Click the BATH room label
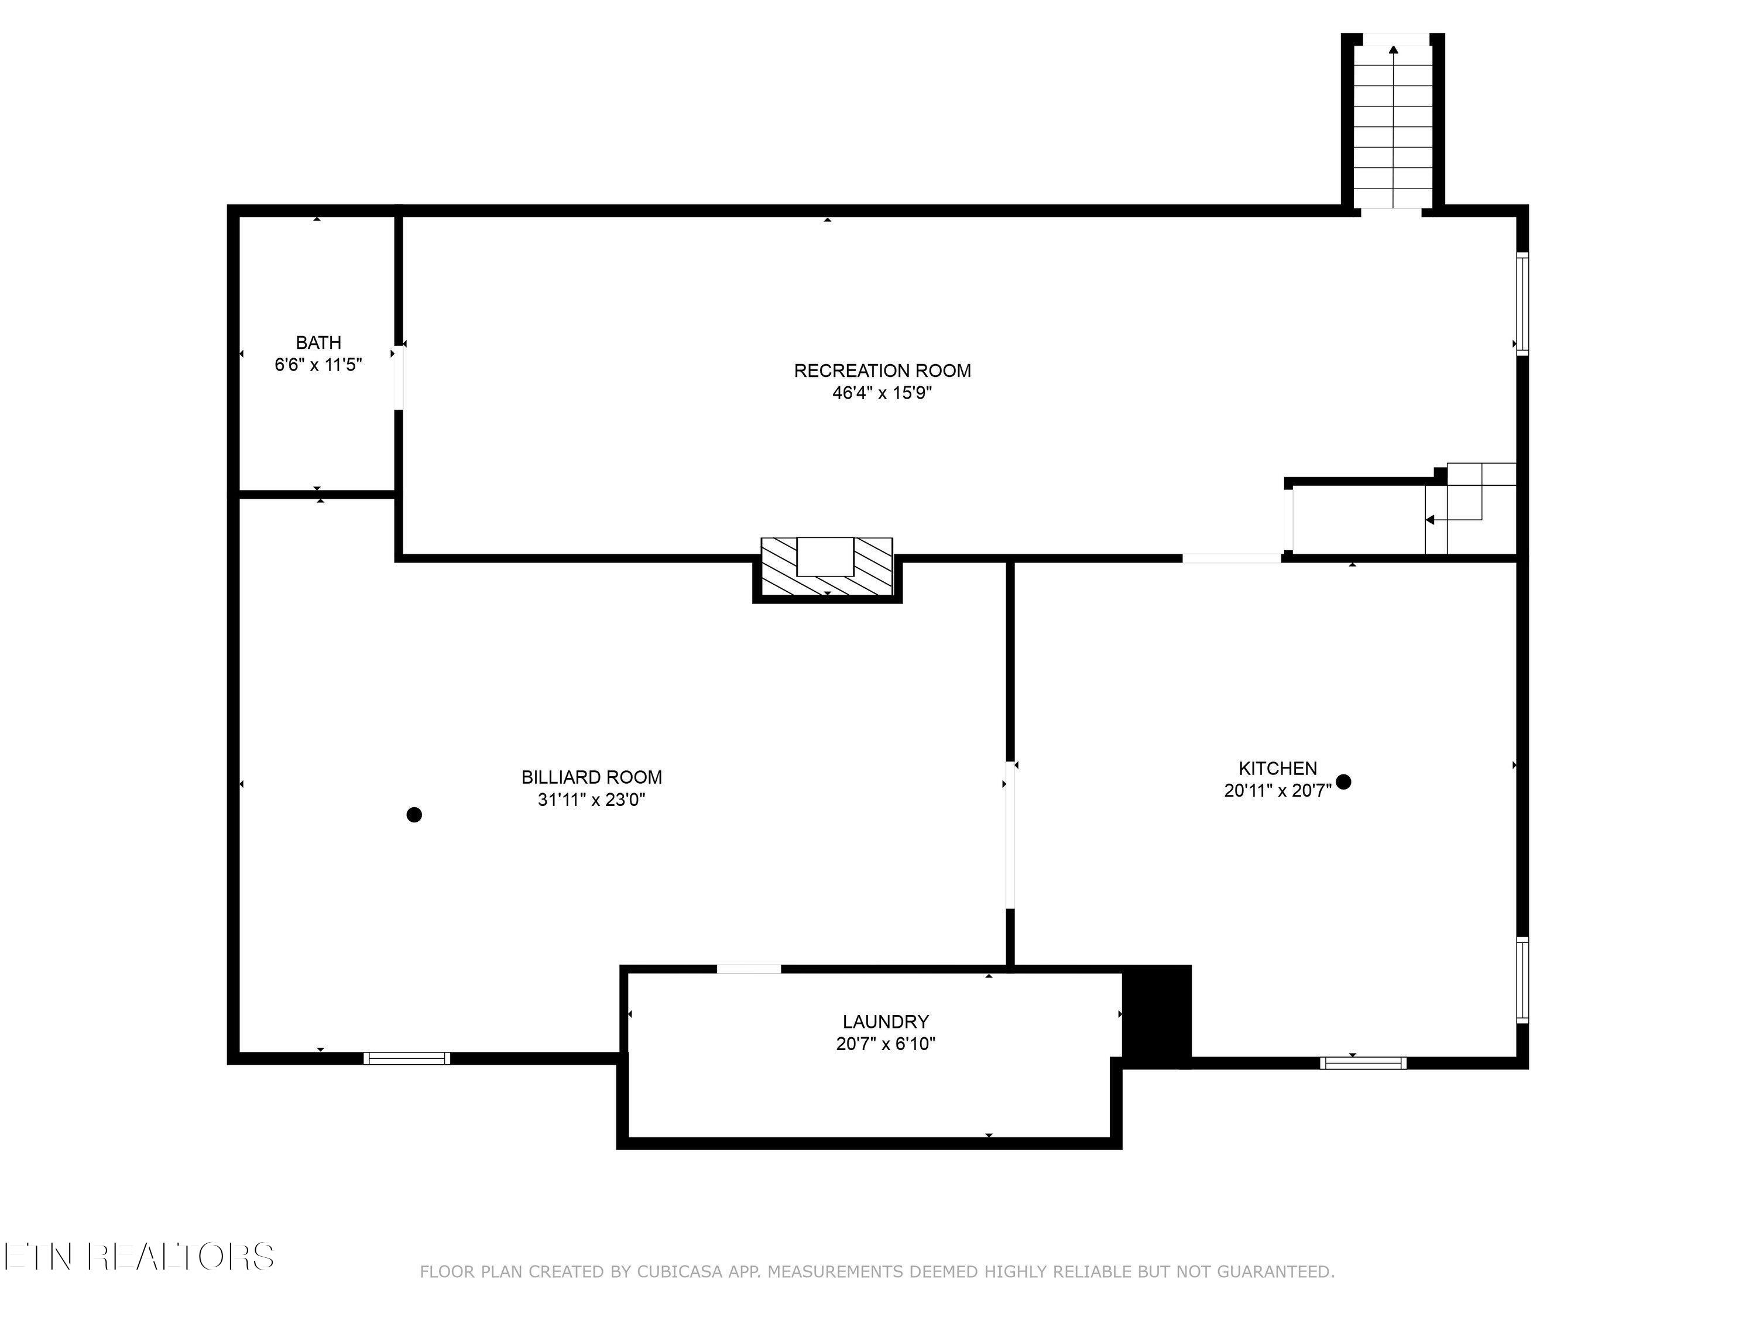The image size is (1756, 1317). tap(318, 343)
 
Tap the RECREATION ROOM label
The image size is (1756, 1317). tap(882, 371)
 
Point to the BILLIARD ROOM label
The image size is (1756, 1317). tap(591, 777)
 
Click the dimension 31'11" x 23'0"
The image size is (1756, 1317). tap(591, 800)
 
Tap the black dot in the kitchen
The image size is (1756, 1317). tap(1343, 782)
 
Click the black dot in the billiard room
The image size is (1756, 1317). tap(414, 815)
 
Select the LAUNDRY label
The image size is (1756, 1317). tap(885, 1021)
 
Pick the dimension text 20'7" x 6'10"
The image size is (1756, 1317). tap(885, 1044)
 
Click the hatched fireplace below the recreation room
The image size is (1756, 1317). tap(826, 568)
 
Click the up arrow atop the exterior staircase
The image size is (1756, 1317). tap(1393, 50)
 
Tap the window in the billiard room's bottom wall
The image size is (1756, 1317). tap(406, 1058)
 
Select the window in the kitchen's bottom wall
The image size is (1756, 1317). tap(1362, 1063)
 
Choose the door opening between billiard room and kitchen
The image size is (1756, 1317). tap(1010, 835)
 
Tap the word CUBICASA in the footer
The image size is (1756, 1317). tap(679, 1272)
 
